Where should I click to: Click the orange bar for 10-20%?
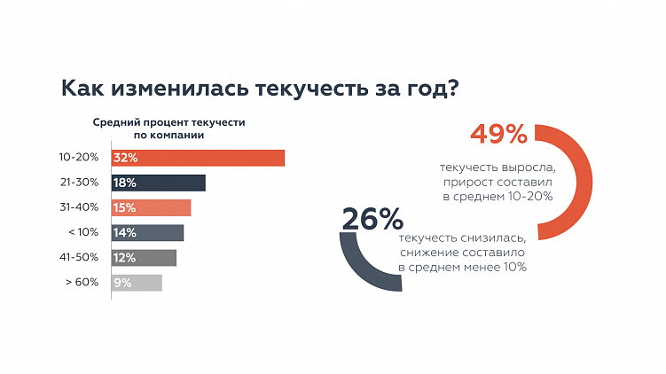pyautogui.click(x=198, y=158)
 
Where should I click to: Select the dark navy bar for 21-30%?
pyautogui.click(x=159, y=183)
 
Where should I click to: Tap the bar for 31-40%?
pyautogui.click(x=152, y=207)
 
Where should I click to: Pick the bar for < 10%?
pyautogui.click(x=148, y=232)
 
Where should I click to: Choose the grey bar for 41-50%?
pyautogui.click(x=145, y=257)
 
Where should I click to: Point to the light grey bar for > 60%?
pyautogui.click(x=137, y=283)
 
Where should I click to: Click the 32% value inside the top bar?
pyautogui.click(x=125, y=158)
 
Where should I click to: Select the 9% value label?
pyautogui.click(x=122, y=283)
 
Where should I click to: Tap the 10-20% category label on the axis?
pyautogui.click(x=79, y=158)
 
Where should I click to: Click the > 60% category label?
pyautogui.click(x=82, y=283)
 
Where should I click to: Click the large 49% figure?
pyautogui.click(x=498, y=134)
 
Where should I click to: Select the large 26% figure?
pyautogui.click(x=372, y=218)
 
